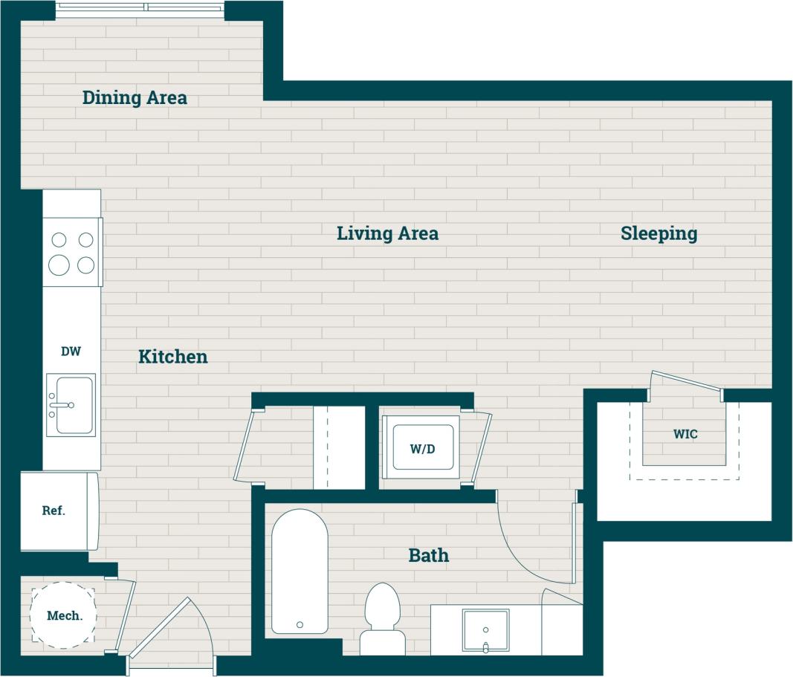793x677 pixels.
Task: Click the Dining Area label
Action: pyautogui.click(x=135, y=97)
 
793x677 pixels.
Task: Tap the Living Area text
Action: pyautogui.click(x=387, y=233)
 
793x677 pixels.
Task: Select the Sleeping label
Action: pyautogui.click(x=658, y=233)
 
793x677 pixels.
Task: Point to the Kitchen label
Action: pyautogui.click(x=172, y=357)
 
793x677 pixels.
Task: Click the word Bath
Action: pyautogui.click(x=428, y=555)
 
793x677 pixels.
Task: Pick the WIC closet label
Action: pyautogui.click(x=685, y=434)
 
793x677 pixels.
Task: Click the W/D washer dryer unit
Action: pyautogui.click(x=421, y=447)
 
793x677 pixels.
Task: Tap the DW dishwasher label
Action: pyautogui.click(x=71, y=351)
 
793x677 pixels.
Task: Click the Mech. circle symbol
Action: pyautogui.click(x=62, y=615)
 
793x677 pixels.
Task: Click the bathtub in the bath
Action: pyautogui.click(x=300, y=571)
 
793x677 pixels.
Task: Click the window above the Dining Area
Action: pyautogui.click(x=140, y=8)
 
